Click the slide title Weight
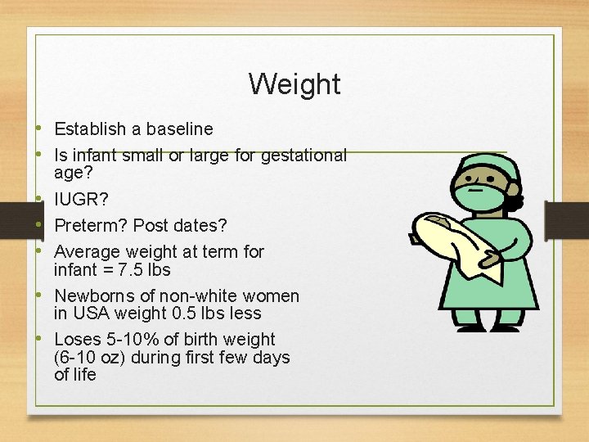[x=294, y=83]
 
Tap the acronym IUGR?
[x=81, y=199]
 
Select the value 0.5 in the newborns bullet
[x=189, y=313]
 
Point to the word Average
[x=88, y=251]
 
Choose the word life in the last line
[x=85, y=375]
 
